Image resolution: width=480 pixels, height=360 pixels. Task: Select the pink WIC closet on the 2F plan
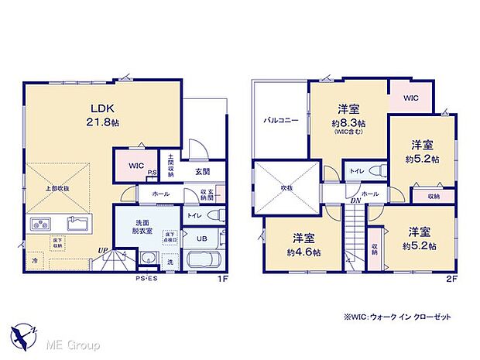tap(410, 98)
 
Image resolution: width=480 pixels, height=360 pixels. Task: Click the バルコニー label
tap(280, 121)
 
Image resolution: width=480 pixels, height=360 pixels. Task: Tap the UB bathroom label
tap(201, 238)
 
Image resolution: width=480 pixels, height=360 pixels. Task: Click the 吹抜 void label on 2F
tap(286, 187)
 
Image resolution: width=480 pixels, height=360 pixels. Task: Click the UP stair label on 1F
tap(102, 250)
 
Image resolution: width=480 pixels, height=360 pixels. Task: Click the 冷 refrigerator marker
tap(35, 262)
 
